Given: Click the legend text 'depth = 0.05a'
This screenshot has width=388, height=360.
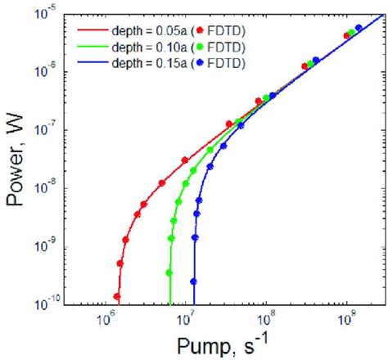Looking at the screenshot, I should point(147,29).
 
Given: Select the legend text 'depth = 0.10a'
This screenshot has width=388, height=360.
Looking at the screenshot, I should point(147,46).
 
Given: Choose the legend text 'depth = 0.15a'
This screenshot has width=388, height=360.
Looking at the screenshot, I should point(147,62).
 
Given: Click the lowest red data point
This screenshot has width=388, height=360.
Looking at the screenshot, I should point(117,297).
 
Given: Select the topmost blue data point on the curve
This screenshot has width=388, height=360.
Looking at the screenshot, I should point(359,29).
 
